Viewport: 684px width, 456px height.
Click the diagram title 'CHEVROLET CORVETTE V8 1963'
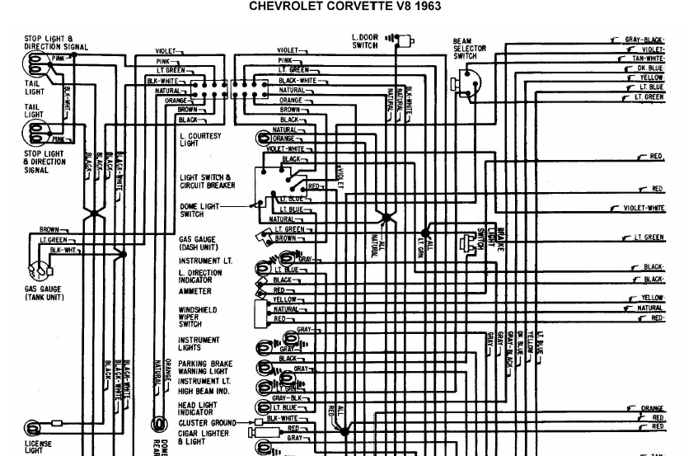click(344, 7)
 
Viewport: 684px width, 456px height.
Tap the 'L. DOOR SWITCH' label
click(364, 41)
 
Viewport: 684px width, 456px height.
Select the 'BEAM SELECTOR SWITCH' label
click(465, 49)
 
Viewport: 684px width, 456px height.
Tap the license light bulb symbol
click(33, 427)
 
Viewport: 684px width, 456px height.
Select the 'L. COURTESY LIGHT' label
click(200, 139)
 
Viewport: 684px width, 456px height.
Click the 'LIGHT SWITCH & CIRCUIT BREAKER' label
click(208, 181)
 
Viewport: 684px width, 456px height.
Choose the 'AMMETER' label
click(195, 291)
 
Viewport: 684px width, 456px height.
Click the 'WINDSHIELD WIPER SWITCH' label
click(198, 317)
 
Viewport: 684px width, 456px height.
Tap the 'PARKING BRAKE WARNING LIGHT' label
click(205, 366)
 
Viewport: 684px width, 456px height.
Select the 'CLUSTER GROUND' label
click(204, 422)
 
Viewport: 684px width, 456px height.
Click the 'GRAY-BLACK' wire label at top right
click(644, 40)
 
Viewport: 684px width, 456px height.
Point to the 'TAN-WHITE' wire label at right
click(648, 59)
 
